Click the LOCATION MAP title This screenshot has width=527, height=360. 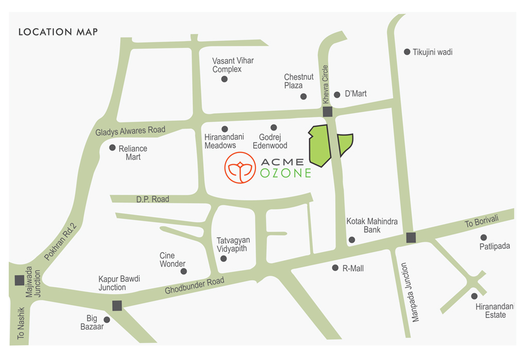point(58,32)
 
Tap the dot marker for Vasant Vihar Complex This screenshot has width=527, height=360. point(224,79)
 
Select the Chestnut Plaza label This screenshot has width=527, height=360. point(298,81)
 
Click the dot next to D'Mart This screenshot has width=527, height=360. point(337,95)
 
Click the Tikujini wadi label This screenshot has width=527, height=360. point(432,52)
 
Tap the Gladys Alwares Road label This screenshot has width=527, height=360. point(130,131)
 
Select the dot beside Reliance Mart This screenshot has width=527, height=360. point(112,148)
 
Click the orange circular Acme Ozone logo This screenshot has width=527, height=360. point(240,167)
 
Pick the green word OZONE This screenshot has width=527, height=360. point(286,173)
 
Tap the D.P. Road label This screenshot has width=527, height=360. point(152,199)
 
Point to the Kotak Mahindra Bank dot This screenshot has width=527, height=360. point(352,240)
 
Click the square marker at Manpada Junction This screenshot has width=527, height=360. point(411,237)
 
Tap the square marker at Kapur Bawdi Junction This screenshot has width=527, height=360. point(117,305)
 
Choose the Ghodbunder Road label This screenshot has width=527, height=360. point(195,286)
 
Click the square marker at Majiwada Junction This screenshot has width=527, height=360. point(20,280)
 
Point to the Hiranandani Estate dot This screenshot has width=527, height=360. point(474,296)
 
